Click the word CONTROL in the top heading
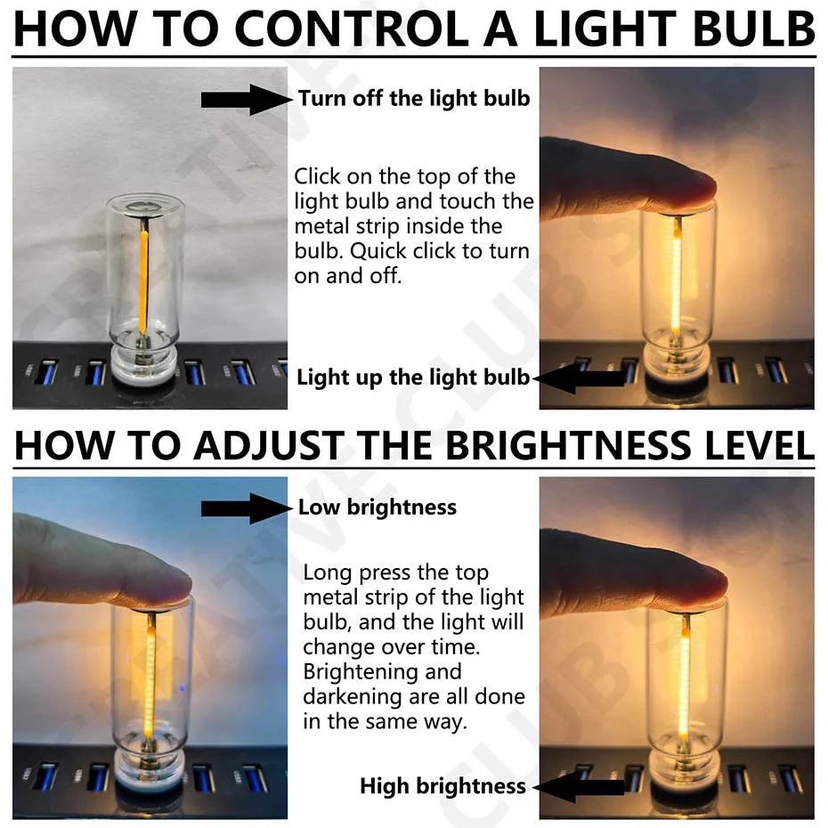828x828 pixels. click(x=353, y=28)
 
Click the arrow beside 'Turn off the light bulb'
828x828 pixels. click(x=246, y=99)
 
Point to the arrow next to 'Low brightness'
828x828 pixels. click(x=246, y=508)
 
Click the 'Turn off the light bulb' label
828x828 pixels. click(x=414, y=98)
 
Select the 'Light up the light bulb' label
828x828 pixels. click(x=412, y=377)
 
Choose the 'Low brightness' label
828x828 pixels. click(x=377, y=507)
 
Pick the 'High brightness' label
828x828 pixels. click(x=442, y=786)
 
